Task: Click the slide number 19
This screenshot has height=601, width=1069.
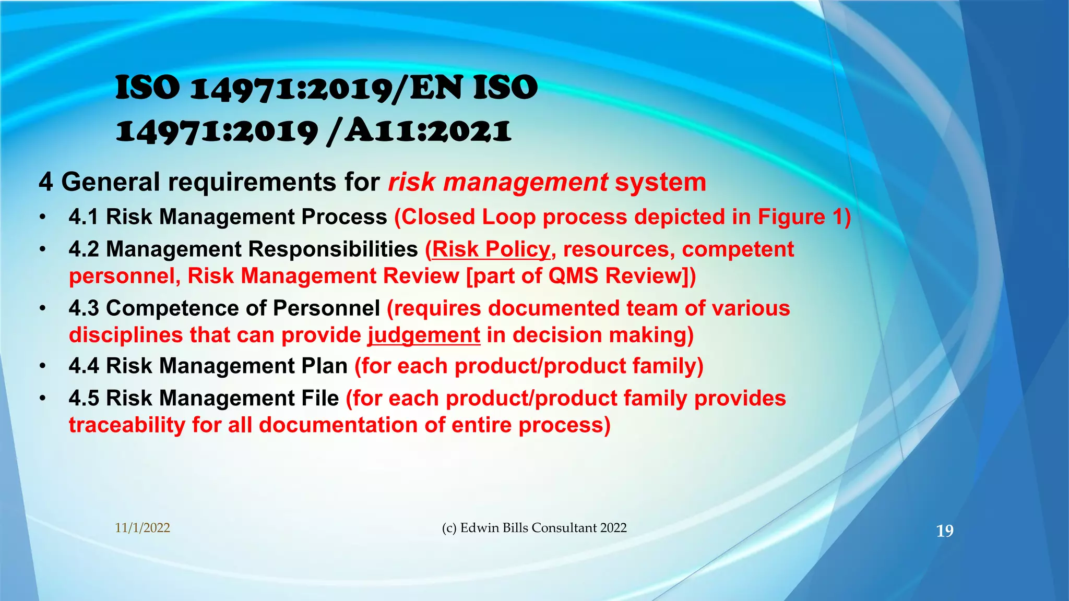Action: tap(945, 531)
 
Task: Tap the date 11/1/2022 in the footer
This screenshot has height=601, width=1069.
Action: tap(142, 528)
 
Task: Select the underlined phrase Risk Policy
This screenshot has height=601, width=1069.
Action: tap(491, 249)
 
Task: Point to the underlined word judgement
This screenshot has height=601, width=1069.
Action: tap(424, 335)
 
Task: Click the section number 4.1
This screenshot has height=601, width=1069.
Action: tap(84, 217)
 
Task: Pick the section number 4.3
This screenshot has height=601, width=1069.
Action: tap(84, 308)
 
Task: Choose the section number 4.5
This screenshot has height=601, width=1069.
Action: tap(84, 398)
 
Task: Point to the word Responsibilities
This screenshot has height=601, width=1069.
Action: tap(333, 249)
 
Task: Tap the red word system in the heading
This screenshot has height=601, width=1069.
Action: tap(660, 182)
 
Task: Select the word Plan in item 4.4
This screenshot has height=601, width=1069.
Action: tap(325, 366)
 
